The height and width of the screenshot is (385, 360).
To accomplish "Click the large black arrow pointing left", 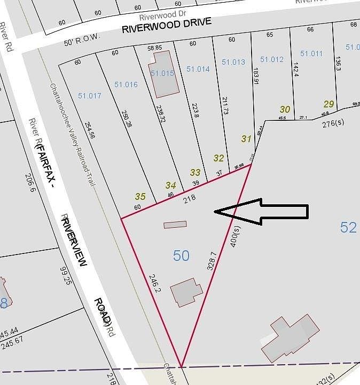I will point(261,212).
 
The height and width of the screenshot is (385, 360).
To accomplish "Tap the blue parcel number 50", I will point(181,256).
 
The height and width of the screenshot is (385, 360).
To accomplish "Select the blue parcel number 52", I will point(348,227).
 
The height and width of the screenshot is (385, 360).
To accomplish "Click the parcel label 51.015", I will point(162,73).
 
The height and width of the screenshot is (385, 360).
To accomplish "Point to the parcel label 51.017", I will point(89,96).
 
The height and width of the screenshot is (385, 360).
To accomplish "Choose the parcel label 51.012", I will point(272,59).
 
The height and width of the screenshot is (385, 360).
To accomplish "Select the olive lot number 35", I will point(140,196).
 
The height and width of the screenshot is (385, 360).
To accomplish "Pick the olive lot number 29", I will point(328,104).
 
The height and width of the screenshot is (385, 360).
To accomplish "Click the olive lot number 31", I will point(246,138).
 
